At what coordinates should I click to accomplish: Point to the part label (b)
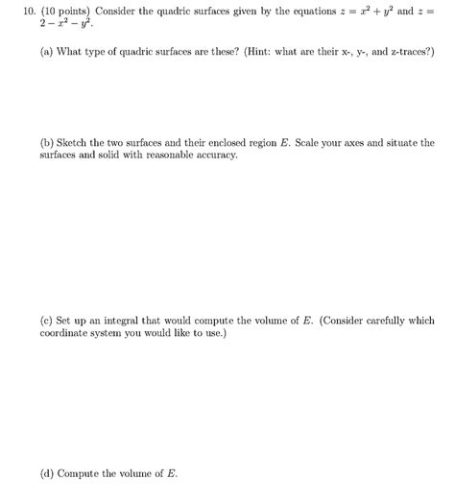[x=47, y=142]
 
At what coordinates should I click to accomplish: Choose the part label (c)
[x=47, y=322]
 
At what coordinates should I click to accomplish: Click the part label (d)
[x=47, y=474]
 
